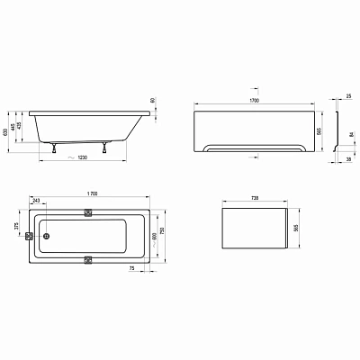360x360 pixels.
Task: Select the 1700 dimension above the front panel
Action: point(256,103)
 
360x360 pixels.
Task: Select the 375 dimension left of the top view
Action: point(15,227)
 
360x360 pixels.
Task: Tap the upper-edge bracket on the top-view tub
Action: point(89,212)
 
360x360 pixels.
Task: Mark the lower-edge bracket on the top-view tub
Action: point(89,260)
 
